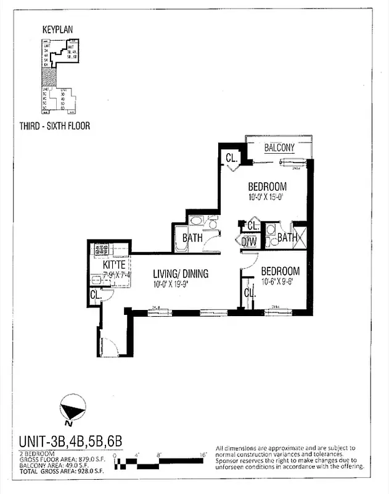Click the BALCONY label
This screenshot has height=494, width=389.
click(279, 148)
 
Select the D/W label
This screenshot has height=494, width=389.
click(249, 242)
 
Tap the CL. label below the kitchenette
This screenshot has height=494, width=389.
click(96, 295)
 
